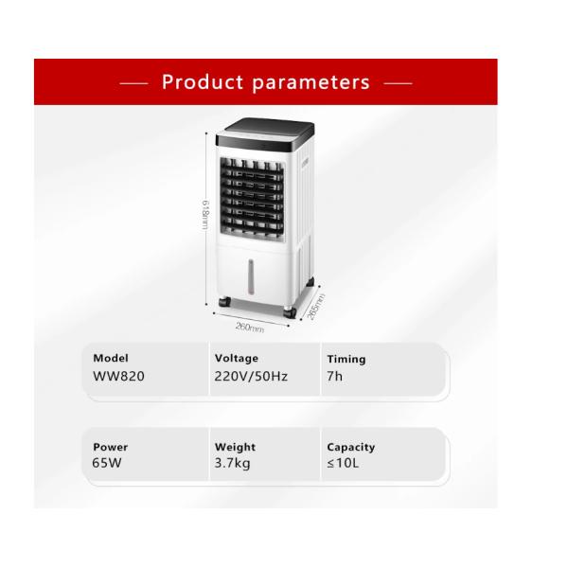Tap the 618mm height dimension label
coord(205,219)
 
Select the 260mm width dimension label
coord(249,327)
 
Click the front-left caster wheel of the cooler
coord(223,302)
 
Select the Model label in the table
coord(111,359)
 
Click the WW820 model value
coord(119,376)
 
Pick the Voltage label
coord(236,359)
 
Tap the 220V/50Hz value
coord(251,376)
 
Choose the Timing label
coord(346,360)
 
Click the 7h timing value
coord(334,376)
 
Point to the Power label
coord(110,447)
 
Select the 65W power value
coord(108,464)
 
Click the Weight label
coord(235,447)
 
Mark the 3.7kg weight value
coord(232,464)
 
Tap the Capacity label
coord(350,447)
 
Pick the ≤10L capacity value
coord(343,464)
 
